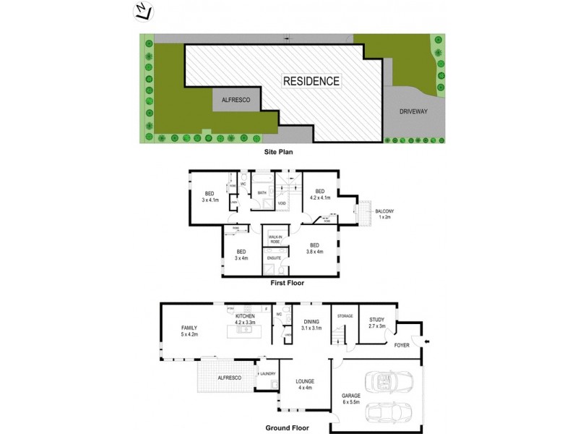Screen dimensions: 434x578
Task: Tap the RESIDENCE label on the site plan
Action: click(311, 81)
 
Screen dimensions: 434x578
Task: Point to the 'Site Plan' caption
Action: click(277, 153)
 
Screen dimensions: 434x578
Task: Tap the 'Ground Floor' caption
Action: click(288, 427)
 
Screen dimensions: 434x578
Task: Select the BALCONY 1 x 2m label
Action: click(384, 214)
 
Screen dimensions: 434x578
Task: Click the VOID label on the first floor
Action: click(281, 203)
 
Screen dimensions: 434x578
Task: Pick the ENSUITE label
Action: click(274, 258)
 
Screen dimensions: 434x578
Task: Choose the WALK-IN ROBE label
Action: click(275, 239)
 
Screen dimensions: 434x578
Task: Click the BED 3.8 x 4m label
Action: click(315, 248)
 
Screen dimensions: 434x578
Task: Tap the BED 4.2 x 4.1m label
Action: click(321, 195)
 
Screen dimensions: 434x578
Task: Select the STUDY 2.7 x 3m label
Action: click(376, 322)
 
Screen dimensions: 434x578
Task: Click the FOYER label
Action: click(401, 346)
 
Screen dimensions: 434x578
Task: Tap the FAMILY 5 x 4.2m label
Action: click(189, 332)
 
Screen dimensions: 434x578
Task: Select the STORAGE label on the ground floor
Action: click(345, 316)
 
